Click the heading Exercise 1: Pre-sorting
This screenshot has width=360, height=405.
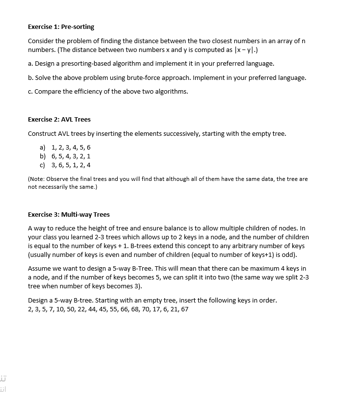[61, 26]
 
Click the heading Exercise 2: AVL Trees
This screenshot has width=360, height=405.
[59, 119]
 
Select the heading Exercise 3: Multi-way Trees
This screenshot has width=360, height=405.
[69, 214]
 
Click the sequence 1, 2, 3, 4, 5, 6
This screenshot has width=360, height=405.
[71, 147]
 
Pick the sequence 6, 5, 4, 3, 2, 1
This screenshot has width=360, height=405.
[71, 156]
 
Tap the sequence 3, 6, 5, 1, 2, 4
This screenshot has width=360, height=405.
[71, 165]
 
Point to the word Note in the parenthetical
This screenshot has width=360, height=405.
[37, 179]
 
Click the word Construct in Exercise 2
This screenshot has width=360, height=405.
[42, 133]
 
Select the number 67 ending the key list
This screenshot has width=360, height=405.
[184, 309]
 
